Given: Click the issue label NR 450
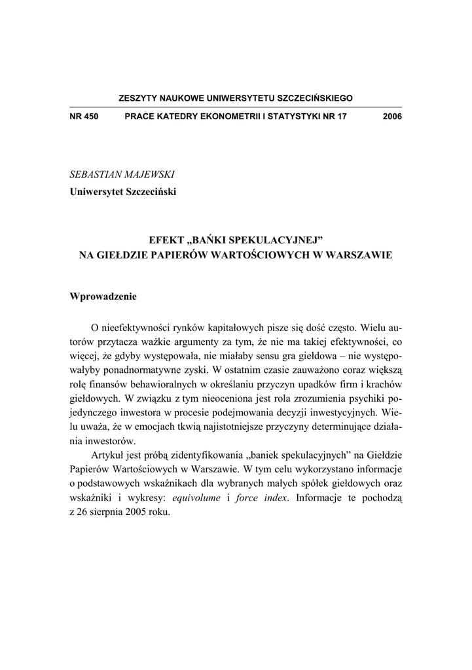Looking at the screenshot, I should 83,116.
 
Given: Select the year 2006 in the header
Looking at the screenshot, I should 391,116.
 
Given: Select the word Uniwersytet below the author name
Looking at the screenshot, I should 96,192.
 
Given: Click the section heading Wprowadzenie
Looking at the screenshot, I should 103,296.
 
